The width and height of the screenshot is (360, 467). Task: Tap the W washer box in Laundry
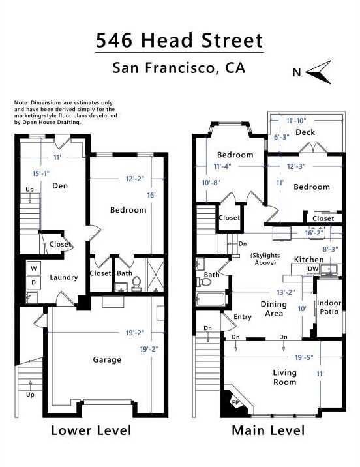34,268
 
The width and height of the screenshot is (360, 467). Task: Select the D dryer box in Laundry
34,282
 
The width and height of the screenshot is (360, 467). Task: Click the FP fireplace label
235,403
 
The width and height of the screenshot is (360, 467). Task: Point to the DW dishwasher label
313,269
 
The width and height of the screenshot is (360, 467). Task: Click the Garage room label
107,360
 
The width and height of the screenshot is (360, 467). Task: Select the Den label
60,186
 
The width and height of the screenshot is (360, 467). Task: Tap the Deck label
305,132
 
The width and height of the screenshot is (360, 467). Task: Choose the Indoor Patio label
329,307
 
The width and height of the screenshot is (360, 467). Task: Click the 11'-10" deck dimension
296,121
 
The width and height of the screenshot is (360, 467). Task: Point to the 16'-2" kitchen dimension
314,233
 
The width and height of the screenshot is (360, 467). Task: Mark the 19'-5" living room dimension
304,357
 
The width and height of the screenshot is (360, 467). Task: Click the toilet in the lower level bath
136,283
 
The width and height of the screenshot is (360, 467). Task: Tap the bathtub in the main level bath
210,299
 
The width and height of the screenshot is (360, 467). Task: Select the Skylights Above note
265,259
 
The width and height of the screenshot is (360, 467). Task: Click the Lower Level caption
91,430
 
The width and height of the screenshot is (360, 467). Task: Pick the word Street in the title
232,40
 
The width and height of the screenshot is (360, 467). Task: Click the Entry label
243,317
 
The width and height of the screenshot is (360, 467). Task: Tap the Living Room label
284,378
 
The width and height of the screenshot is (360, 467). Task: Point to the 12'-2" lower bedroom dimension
134,179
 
